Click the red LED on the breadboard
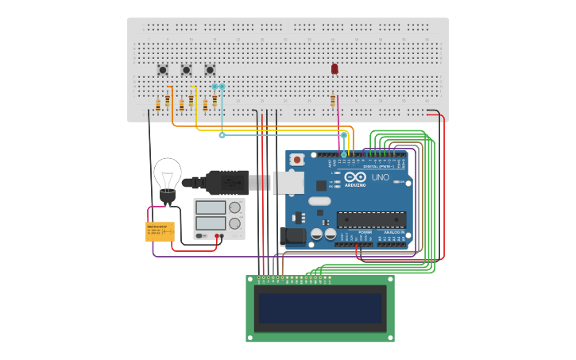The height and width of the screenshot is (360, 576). tap(334, 69)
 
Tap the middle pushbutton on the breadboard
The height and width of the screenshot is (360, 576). tap(187, 70)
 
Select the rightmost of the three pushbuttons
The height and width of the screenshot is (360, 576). tap(210, 70)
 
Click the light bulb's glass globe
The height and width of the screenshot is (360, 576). tap(168, 172)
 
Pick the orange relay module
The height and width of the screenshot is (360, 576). tap(160, 231)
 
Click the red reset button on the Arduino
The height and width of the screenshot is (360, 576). tap(297, 160)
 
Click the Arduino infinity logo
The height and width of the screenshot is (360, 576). tap(355, 176)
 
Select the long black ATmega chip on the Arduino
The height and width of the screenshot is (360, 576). tap(371, 220)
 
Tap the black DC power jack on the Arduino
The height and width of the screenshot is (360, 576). tap(292, 236)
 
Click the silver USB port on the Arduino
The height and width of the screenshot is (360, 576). tap(288, 182)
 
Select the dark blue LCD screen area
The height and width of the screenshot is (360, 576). tap(319, 308)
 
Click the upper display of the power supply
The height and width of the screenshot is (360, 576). tap(211, 207)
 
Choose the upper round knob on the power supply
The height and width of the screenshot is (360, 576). tap(234, 207)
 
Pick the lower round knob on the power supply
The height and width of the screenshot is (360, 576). tap(234, 223)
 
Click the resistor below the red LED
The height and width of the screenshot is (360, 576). tap(333, 100)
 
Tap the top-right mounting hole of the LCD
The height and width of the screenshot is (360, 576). tap(389, 280)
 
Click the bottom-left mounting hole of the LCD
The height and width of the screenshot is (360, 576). tap(250, 338)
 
